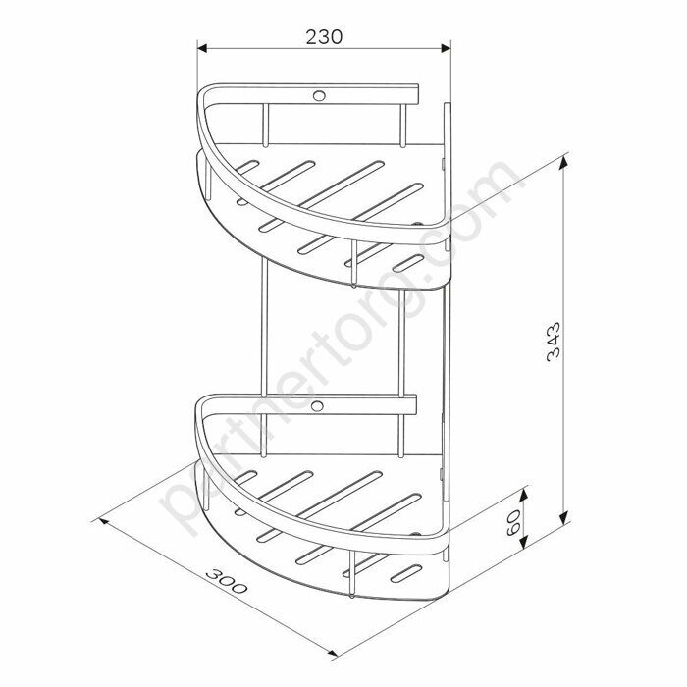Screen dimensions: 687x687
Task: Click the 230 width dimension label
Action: (324, 37)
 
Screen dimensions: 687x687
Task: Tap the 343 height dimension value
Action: (554, 342)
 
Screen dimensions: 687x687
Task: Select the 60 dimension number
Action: (513, 522)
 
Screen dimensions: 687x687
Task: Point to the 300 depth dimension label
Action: (226, 581)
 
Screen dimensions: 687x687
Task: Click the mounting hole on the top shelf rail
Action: (319, 95)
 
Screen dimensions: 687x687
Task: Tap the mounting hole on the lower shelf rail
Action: (317, 405)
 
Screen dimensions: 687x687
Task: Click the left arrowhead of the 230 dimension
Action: (202, 48)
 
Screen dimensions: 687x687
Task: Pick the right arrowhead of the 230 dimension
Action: (446, 48)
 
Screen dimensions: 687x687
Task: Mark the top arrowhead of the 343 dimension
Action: (564, 162)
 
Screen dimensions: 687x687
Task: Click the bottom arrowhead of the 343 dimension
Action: (564, 517)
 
